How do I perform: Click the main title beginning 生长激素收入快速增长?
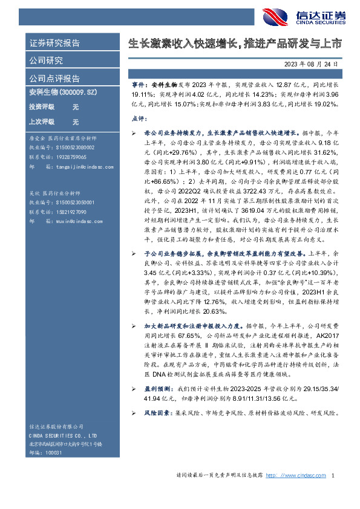[x=235, y=44]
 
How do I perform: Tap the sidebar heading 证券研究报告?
[x=54, y=44]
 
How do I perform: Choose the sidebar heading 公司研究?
[x=46, y=60]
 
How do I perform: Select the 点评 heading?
[x=139, y=118]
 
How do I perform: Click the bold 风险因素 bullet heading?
[x=156, y=429]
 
